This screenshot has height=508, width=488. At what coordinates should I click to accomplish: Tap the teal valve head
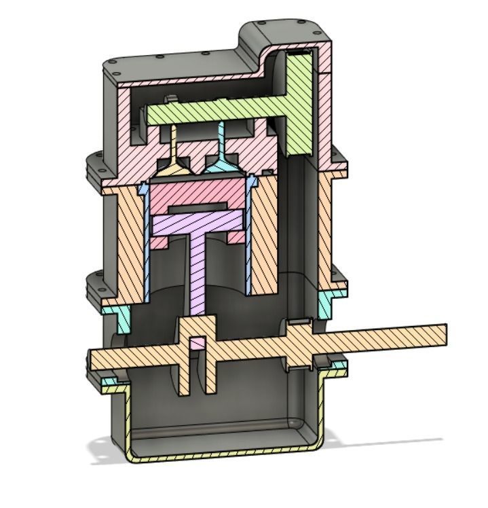[x=221, y=165]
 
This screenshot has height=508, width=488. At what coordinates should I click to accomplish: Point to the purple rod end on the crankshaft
[x=197, y=342]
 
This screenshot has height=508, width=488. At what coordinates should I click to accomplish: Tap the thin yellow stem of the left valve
[x=173, y=139]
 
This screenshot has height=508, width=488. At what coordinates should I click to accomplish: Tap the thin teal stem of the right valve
[x=221, y=139]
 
